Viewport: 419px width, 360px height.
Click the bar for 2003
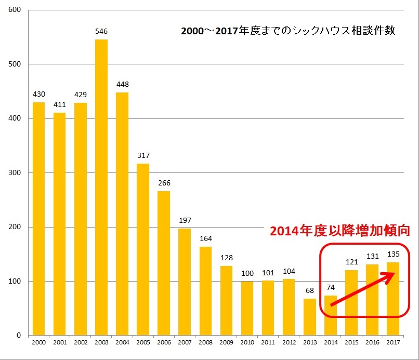pyautogui.click(x=101, y=187)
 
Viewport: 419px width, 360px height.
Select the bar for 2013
pyautogui.click(x=309, y=317)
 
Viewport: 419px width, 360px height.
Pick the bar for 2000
pyautogui.click(x=39, y=218)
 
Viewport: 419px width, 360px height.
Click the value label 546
pyautogui.click(x=101, y=32)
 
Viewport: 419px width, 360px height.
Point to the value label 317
pyautogui.click(x=143, y=156)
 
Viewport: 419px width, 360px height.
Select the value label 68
pyautogui.click(x=309, y=290)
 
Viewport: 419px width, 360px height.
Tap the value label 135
pyautogui.click(x=393, y=254)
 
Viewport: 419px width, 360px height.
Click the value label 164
pyautogui.click(x=205, y=238)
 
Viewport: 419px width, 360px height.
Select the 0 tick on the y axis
pyautogui.click(x=19, y=336)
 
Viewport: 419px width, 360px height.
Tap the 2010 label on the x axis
pyautogui.click(x=247, y=343)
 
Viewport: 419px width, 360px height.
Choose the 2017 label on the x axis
pyautogui.click(x=393, y=343)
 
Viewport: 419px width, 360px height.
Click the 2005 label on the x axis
pyautogui.click(x=143, y=343)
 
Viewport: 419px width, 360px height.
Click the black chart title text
pyautogui.click(x=288, y=31)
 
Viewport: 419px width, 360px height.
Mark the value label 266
pyautogui.click(x=164, y=183)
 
